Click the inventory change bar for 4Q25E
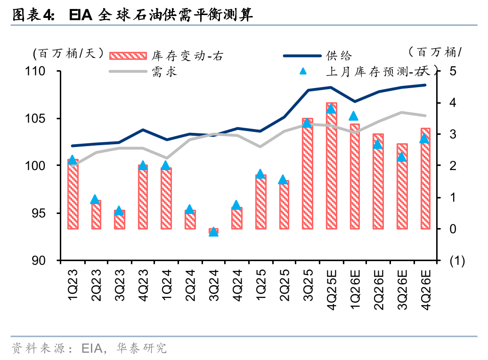click(331, 166)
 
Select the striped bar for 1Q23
click(73, 194)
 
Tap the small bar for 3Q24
click(213, 231)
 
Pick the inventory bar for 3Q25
click(308, 173)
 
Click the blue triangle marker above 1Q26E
click(354, 116)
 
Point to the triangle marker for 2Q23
click(95, 200)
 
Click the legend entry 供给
click(338, 56)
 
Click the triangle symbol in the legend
click(303, 72)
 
